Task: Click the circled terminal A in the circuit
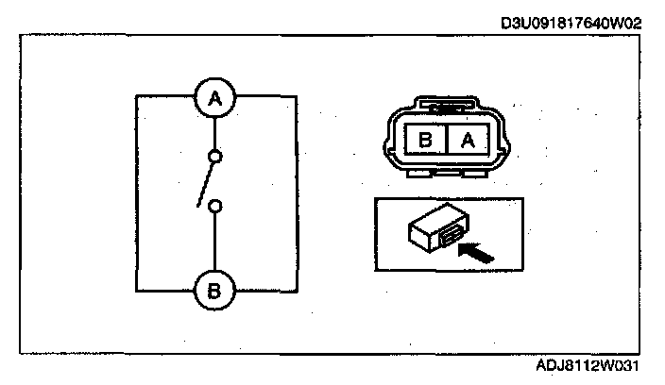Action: click(215, 96)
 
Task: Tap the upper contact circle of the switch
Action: click(215, 156)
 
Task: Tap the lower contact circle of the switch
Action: click(215, 205)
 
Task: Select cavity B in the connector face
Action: click(425, 142)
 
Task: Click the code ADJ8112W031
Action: click(595, 363)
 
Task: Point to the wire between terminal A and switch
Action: click(215, 132)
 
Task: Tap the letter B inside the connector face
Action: click(425, 142)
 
